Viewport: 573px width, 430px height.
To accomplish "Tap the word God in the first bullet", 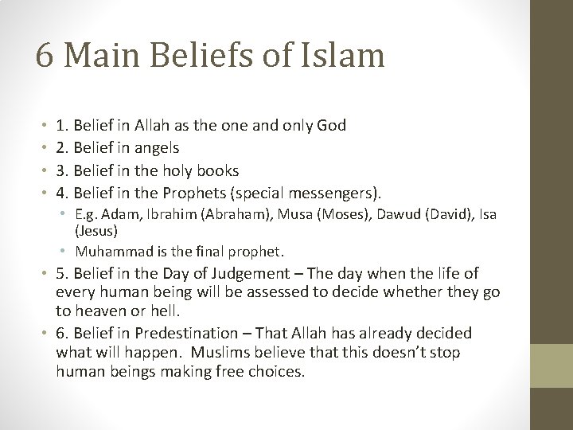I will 330,126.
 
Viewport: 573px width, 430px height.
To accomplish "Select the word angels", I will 156,148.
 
